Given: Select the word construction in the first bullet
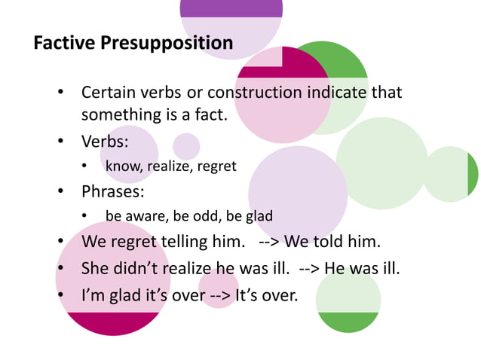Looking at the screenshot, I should click(255, 93).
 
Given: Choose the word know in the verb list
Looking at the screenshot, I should click(121, 166).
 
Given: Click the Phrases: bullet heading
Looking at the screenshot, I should click(112, 191).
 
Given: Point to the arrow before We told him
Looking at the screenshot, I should click(270, 243).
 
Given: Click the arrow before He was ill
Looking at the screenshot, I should click(311, 268).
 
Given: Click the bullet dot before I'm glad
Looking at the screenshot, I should click(61, 294).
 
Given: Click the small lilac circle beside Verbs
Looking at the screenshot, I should click(186, 146).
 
